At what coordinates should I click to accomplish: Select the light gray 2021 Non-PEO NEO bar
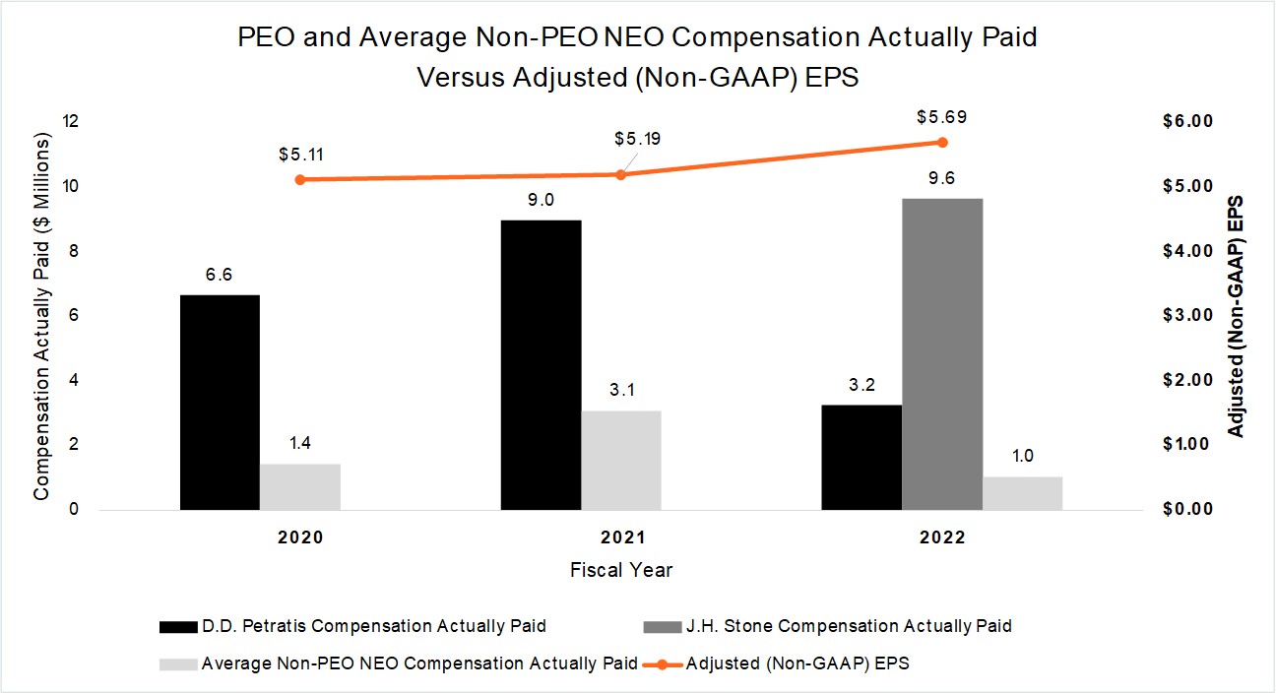(x=620, y=460)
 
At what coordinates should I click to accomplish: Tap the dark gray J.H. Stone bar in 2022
(x=941, y=354)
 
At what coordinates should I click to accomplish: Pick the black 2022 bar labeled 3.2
(x=861, y=457)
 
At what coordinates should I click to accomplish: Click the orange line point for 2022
(x=942, y=142)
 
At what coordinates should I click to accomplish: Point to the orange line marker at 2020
(x=300, y=179)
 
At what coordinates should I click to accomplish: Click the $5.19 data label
(x=637, y=138)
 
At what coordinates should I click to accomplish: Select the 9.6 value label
(x=942, y=178)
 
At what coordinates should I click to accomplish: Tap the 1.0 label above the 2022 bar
(x=1022, y=456)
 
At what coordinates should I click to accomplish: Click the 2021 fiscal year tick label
(x=620, y=538)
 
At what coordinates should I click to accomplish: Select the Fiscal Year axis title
(x=621, y=570)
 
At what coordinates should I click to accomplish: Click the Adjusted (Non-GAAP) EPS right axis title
(x=1237, y=316)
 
